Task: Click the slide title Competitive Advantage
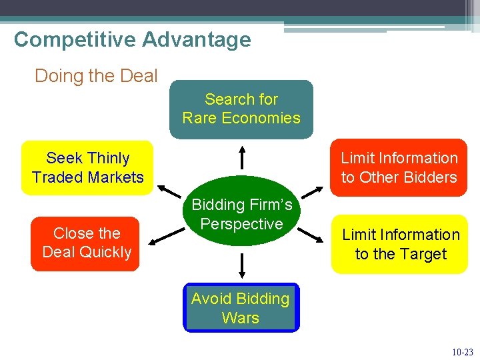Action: [x=132, y=39]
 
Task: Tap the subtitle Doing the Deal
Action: [x=96, y=76]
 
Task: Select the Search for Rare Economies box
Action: [x=241, y=109]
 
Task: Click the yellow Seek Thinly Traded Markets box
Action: [x=87, y=167]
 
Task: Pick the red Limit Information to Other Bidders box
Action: [x=399, y=167]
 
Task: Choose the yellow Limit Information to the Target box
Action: [x=400, y=244]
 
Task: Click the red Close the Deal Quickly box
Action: [x=86, y=243]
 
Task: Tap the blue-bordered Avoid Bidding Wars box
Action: [x=241, y=308]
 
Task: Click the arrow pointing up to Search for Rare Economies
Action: [x=242, y=156]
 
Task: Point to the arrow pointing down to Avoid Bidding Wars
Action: [x=242, y=264]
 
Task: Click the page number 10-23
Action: [x=462, y=351]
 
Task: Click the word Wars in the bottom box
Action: [x=241, y=318]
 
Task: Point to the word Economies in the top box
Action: [x=261, y=118]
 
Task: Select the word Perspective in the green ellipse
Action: [x=241, y=224]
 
